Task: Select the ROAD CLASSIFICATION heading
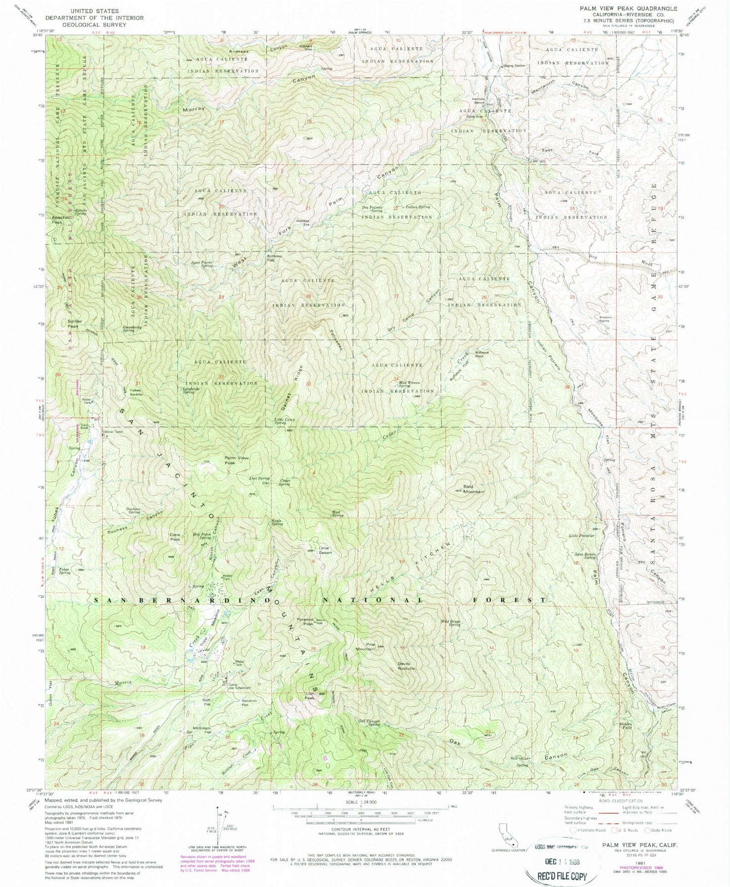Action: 619,801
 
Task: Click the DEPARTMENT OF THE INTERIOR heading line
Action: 94,18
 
